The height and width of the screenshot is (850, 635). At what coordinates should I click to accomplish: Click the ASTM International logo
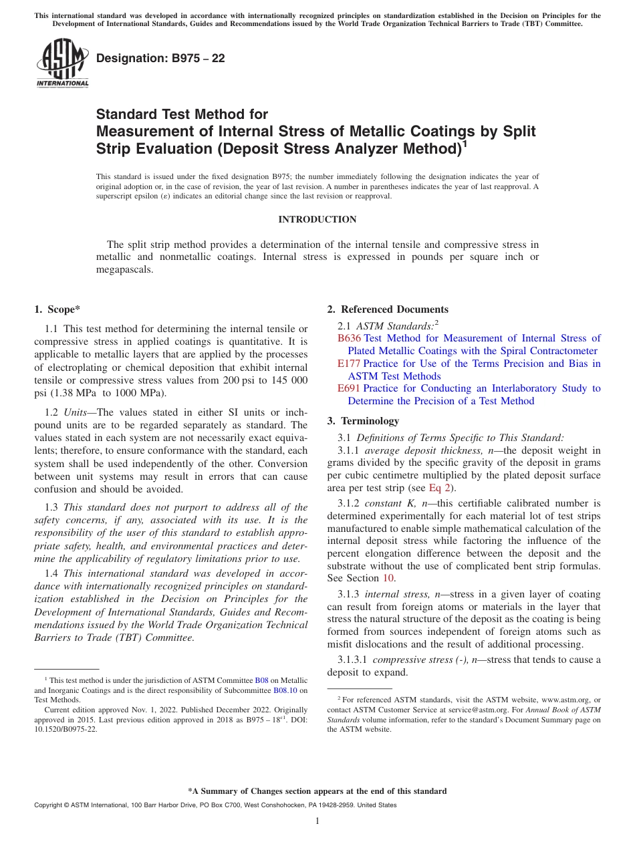[62, 63]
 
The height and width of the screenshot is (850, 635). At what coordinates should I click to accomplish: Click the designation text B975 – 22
[160, 59]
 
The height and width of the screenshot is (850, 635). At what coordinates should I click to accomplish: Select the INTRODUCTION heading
[317, 220]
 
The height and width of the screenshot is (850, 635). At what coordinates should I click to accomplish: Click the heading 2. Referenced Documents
[388, 309]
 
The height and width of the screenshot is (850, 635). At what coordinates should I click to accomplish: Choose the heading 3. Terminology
[363, 421]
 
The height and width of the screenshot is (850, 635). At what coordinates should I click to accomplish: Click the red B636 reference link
[349, 338]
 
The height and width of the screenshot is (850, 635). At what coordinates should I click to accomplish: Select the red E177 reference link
[349, 364]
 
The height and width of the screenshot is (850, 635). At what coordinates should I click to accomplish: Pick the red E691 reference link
[349, 388]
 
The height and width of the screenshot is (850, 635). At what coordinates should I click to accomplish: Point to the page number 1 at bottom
[317, 821]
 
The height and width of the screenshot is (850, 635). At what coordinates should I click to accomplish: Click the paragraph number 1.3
[51, 507]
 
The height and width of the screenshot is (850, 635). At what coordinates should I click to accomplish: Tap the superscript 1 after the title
[465, 142]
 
